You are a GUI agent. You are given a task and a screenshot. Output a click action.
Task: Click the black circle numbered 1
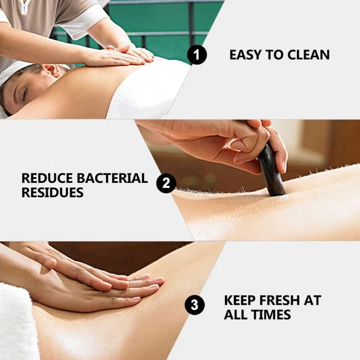(197, 55)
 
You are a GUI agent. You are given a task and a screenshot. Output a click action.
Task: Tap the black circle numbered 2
(166, 183)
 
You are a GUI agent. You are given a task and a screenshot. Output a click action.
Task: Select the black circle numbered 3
(194, 305)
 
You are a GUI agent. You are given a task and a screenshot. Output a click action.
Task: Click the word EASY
(245, 55)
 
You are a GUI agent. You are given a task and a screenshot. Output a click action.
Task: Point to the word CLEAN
(308, 55)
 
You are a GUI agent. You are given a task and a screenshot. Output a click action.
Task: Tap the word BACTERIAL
(112, 178)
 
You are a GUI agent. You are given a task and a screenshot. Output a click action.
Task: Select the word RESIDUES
(52, 193)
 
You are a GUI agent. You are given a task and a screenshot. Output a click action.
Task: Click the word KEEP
(239, 300)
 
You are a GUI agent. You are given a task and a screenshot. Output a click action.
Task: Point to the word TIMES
(272, 314)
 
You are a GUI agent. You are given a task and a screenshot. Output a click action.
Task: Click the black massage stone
(271, 170)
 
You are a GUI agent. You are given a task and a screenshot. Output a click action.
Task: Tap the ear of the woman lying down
(52, 70)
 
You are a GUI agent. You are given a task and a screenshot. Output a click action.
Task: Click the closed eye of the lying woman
(25, 94)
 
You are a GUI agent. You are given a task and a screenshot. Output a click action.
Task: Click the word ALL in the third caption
(236, 314)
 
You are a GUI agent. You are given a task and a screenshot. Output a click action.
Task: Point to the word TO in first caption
(274, 55)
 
